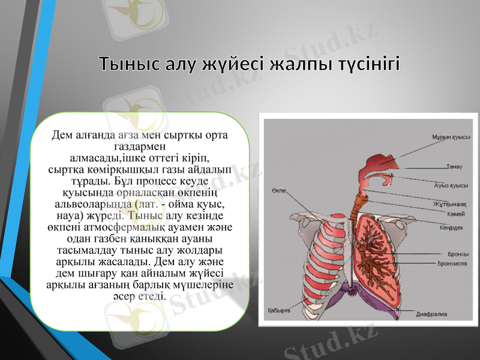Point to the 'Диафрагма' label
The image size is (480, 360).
[431, 313]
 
